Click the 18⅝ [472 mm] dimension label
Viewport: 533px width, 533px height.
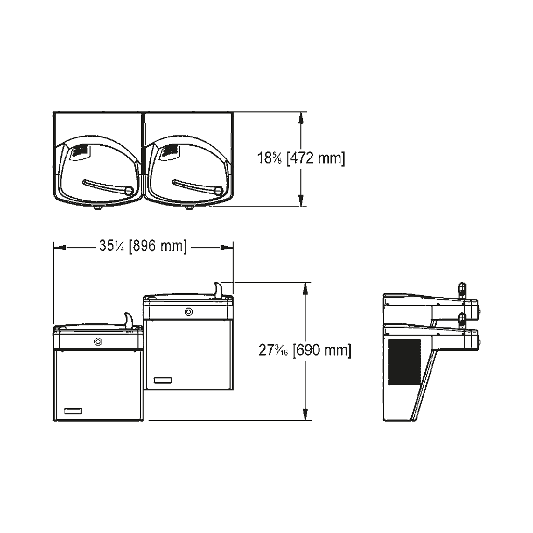pyautogui.click(x=301, y=158)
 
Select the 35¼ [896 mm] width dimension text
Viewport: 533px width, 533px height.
pyautogui.click(x=143, y=246)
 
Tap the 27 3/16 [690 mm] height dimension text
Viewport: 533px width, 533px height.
pyautogui.click(x=305, y=350)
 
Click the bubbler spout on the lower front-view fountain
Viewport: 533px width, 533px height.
pyautogui.click(x=128, y=320)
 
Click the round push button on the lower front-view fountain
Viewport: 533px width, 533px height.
pyautogui.click(x=98, y=341)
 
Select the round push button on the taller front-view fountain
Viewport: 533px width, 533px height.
pyautogui.click(x=188, y=311)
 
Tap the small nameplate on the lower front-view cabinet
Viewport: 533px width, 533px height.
pyautogui.click(x=73, y=411)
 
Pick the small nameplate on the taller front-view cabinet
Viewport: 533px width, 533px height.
pyautogui.click(x=163, y=380)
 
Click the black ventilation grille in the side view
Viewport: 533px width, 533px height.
pyautogui.click(x=404, y=362)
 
